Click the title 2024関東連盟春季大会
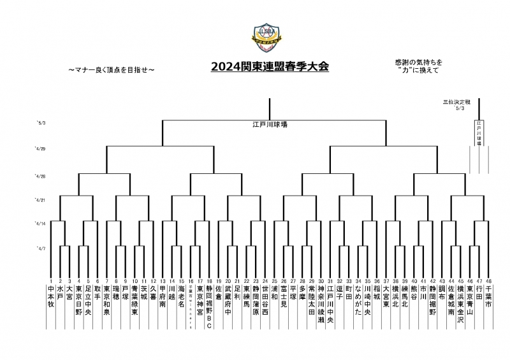click(x=270, y=66)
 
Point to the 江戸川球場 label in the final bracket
click(x=270, y=125)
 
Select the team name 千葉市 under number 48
click(x=489, y=298)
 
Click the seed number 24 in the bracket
click(x=265, y=281)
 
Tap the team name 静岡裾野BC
click(x=209, y=306)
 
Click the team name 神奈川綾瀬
click(x=321, y=305)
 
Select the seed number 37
click(x=386, y=281)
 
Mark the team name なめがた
click(x=358, y=301)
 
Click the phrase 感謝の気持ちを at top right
click(x=418, y=61)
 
